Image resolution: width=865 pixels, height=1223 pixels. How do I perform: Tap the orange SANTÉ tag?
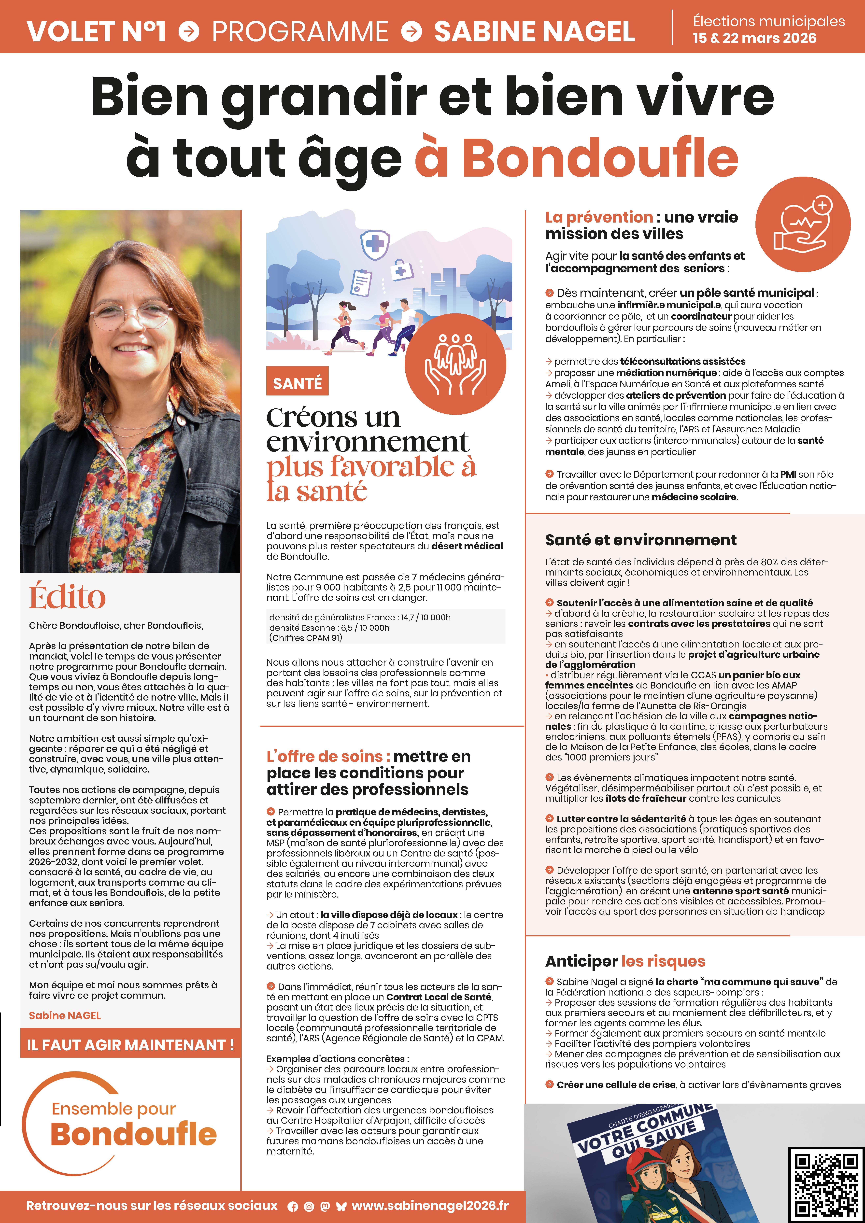point(297,381)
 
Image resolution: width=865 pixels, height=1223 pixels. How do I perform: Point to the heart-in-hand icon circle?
point(803,224)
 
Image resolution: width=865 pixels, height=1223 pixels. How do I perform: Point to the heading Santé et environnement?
point(641,540)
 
